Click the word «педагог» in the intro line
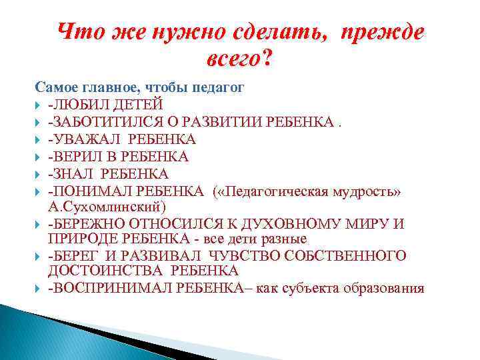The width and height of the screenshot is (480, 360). coord(218,87)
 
